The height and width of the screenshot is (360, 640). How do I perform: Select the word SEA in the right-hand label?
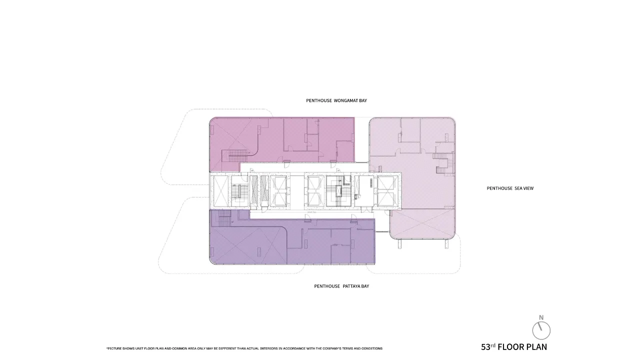(517, 188)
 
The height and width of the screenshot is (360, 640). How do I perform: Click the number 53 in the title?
(485, 347)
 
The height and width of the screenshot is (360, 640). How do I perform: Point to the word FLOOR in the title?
(511, 347)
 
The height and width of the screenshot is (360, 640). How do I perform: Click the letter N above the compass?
(541, 317)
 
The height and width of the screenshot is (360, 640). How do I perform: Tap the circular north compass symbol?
(541, 330)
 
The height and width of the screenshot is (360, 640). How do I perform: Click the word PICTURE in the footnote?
(114, 348)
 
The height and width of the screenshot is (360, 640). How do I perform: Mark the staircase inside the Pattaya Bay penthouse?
(224, 218)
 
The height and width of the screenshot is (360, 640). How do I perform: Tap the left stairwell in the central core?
(239, 191)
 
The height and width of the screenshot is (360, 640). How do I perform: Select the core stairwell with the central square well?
(338, 191)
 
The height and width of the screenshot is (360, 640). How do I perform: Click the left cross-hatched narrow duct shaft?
(253, 191)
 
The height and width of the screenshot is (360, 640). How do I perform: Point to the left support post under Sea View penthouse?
(399, 243)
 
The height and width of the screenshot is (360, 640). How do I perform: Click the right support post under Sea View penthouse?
(446, 243)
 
